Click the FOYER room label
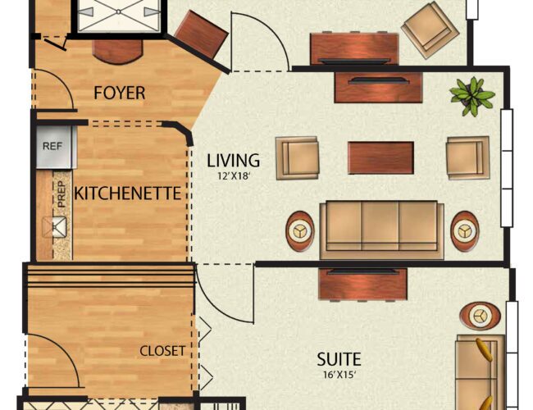[x=120, y=93]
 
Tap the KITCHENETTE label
[x=127, y=194]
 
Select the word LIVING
[x=234, y=160]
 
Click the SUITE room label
[x=339, y=359]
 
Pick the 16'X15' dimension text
[x=338, y=375]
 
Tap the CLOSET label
[x=162, y=351]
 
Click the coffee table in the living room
[x=380, y=158]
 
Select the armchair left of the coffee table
[x=296, y=157]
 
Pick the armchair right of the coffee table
[x=467, y=157]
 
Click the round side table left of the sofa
[x=301, y=231]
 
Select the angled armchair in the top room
[x=430, y=30]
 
